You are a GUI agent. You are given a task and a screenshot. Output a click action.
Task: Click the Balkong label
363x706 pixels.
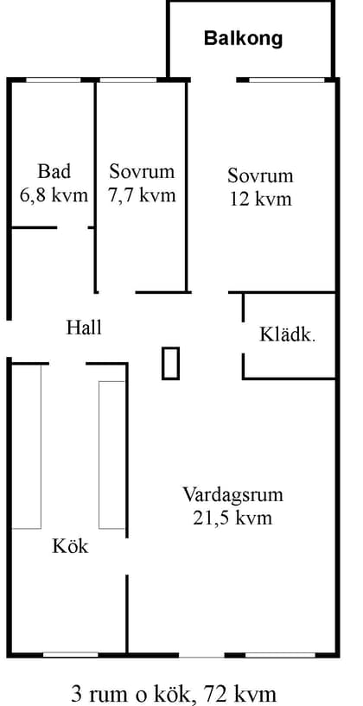point(244,39)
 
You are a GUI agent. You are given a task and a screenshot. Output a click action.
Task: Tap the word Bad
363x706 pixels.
point(53,170)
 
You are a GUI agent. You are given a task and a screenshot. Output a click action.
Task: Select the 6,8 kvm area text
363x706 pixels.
point(53,195)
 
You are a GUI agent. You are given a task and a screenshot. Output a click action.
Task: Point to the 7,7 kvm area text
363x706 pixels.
point(142,195)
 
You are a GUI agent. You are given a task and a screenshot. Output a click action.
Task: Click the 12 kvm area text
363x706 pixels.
point(260,200)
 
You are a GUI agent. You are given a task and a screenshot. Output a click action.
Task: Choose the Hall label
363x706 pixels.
point(84,328)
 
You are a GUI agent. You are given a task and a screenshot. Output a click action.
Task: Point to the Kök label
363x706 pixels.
point(70,546)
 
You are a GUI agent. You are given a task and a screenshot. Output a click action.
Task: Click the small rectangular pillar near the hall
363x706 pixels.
point(171,362)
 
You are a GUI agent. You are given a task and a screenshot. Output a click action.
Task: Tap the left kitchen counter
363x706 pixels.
point(27,446)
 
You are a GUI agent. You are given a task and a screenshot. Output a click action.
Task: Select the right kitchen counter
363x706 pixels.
point(112,455)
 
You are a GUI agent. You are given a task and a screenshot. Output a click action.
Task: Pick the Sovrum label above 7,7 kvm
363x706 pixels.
point(142,171)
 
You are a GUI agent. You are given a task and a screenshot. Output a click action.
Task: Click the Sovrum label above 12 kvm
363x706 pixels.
point(260,176)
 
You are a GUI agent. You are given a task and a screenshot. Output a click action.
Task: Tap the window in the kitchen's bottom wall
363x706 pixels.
point(71,654)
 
